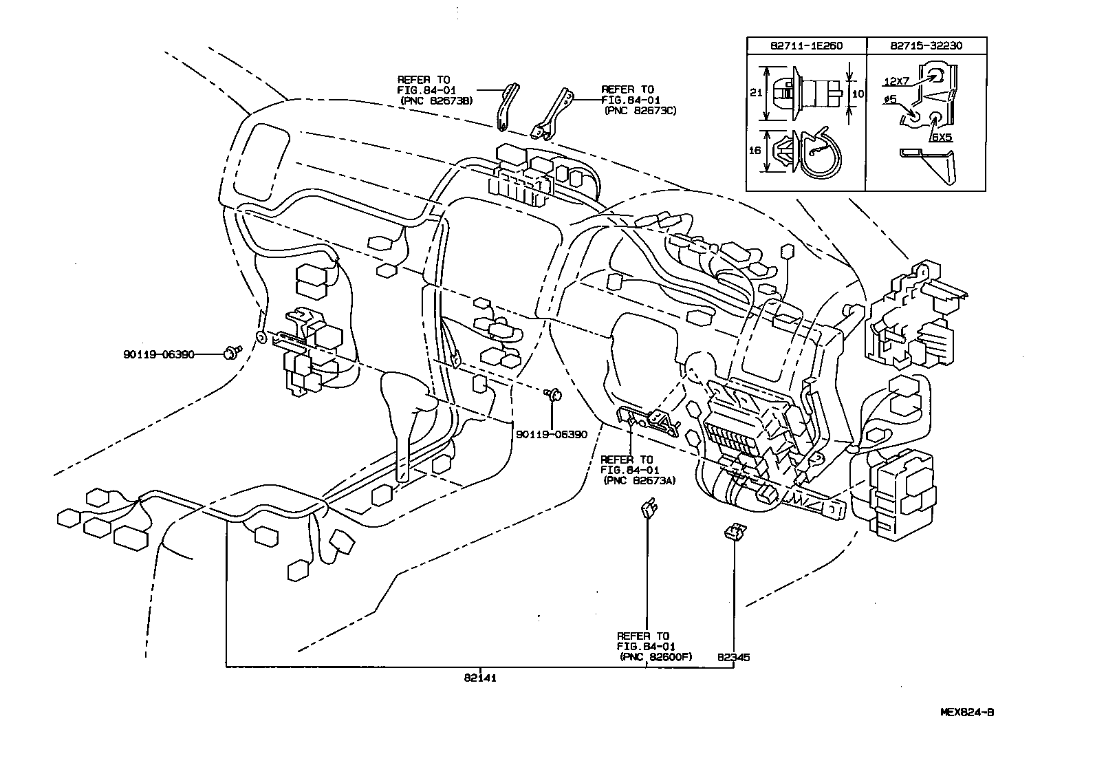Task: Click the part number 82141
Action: point(479,678)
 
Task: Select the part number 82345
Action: point(733,657)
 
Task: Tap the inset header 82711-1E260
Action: point(806,45)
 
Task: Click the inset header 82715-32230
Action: point(925,45)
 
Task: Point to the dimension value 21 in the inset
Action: point(755,91)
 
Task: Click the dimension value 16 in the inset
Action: point(755,149)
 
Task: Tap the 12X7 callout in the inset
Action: point(896,81)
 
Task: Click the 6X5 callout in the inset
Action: point(942,138)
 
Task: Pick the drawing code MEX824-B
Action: point(967,712)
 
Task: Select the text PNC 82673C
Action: point(640,110)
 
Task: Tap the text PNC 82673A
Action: point(639,481)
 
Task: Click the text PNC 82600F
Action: point(655,657)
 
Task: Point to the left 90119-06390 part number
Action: point(159,354)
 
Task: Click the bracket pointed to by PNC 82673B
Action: point(507,107)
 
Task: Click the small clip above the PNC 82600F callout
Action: point(648,510)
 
